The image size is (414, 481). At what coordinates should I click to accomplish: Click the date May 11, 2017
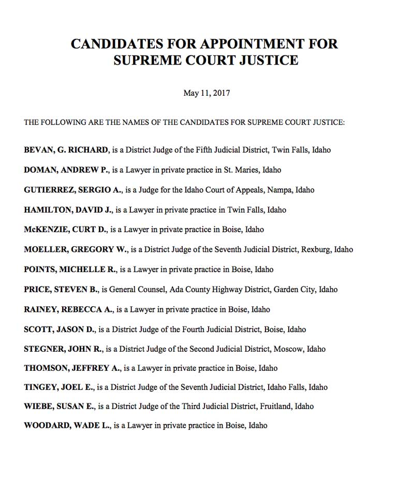[x=206, y=93]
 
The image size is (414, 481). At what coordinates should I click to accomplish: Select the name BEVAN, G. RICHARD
[x=66, y=150]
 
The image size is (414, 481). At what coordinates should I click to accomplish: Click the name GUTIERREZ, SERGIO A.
[x=72, y=190]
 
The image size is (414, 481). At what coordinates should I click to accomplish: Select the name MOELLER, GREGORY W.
[x=75, y=249]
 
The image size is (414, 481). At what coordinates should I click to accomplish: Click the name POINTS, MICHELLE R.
[x=70, y=269]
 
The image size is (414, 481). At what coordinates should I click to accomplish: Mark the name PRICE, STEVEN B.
[x=61, y=290]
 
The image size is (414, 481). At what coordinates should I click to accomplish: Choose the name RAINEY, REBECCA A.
[x=68, y=309]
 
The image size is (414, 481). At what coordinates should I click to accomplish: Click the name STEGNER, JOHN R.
[x=64, y=349]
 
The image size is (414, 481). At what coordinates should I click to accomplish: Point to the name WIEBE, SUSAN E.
[x=59, y=406]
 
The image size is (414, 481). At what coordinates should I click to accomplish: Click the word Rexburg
[x=315, y=249]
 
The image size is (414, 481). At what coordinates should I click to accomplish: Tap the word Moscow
[x=288, y=349]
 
